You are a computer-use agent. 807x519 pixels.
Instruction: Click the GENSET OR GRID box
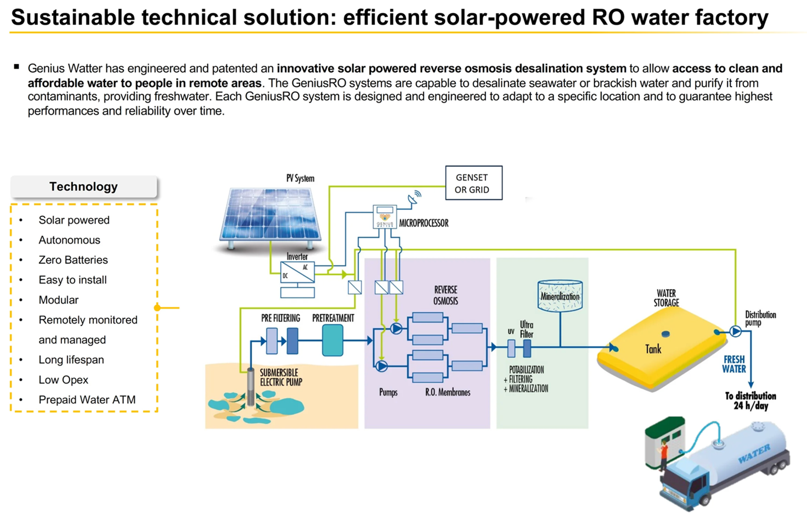(x=473, y=183)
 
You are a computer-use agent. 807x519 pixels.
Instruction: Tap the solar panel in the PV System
(x=270, y=215)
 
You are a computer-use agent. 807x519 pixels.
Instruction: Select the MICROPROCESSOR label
(x=424, y=223)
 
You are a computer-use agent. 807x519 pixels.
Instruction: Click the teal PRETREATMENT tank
(x=332, y=340)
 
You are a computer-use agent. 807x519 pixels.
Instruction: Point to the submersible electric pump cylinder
(x=251, y=386)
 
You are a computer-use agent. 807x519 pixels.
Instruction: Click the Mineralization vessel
(x=560, y=296)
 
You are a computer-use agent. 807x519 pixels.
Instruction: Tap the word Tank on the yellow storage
(x=653, y=349)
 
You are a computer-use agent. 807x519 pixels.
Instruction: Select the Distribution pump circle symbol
(x=736, y=331)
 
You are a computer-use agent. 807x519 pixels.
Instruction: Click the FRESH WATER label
(x=733, y=364)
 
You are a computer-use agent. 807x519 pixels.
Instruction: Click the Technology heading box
(x=83, y=187)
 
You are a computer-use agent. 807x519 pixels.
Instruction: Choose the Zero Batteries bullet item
(x=73, y=260)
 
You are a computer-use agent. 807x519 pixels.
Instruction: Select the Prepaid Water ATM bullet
(x=87, y=400)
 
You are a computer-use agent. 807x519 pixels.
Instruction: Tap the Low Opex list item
(x=63, y=380)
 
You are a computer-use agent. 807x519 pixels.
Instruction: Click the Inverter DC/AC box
(x=297, y=272)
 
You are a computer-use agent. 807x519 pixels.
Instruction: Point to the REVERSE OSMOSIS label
(x=445, y=295)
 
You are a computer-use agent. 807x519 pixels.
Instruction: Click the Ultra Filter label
(x=526, y=329)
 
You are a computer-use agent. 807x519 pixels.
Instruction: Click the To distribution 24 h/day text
(x=750, y=401)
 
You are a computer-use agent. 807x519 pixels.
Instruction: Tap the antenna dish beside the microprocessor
(x=414, y=198)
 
